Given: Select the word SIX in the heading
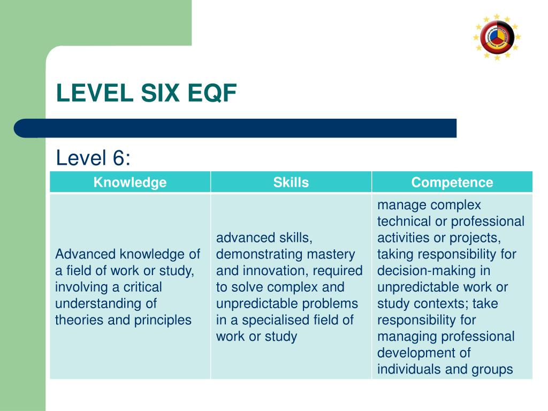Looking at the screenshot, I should click(x=161, y=94).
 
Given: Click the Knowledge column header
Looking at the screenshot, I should click(x=130, y=182).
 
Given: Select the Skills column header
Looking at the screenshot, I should click(x=291, y=182).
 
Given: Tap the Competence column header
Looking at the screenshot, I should click(x=452, y=182).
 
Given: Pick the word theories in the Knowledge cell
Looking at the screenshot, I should click(x=77, y=320).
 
